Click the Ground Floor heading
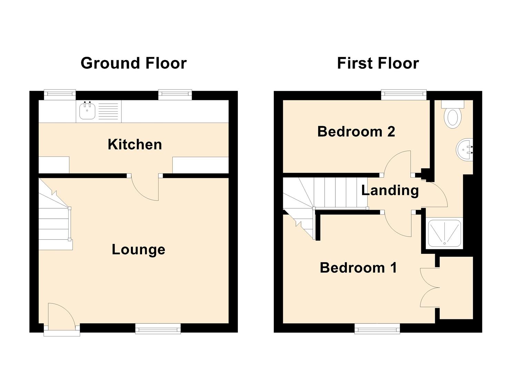[134, 63]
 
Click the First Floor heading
[378, 63]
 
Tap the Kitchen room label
[134, 145]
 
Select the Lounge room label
[138, 250]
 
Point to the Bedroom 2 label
[356, 132]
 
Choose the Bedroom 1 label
[358, 268]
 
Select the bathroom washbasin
[464, 149]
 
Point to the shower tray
[444, 234]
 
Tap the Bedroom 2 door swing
[398, 162]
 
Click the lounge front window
[158, 329]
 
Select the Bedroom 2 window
[404, 94]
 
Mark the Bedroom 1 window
[377, 329]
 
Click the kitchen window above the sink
[60, 94]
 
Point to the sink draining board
[108, 111]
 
